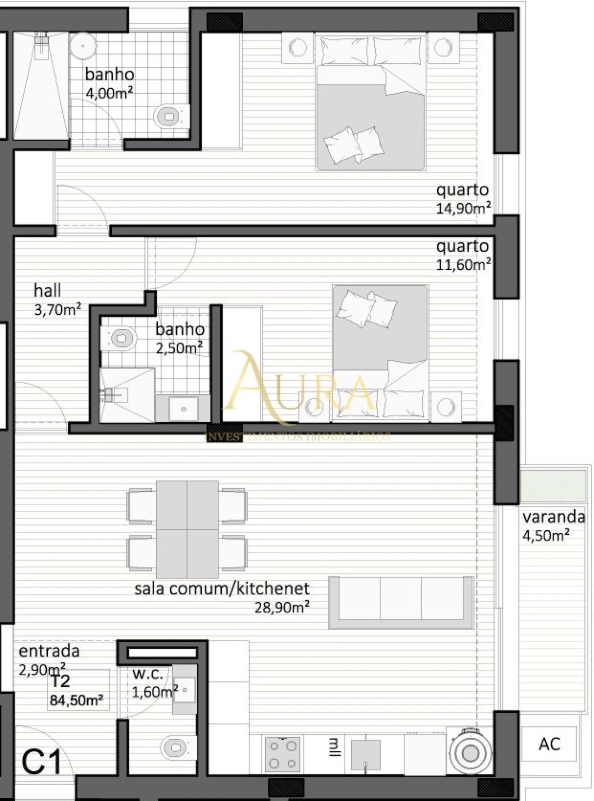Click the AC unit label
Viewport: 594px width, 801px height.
(x=549, y=744)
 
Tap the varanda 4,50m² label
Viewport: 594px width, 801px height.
(x=553, y=526)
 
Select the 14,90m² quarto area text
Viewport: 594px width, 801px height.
(x=463, y=208)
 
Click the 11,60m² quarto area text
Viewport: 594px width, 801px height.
(x=463, y=265)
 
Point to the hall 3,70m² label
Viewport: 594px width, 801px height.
(x=57, y=300)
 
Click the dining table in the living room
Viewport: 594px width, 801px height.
(x=187, y=529)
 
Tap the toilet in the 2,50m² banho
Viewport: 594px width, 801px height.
(x=119, y=338)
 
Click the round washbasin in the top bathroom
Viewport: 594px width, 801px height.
(x=83, y=46)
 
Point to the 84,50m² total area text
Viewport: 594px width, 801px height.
(x=77, y=700)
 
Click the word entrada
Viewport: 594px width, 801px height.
(x=49, y=651)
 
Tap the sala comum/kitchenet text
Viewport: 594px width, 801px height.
(x=222, y=589)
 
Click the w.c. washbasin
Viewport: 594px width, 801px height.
(x=185, y=690)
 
